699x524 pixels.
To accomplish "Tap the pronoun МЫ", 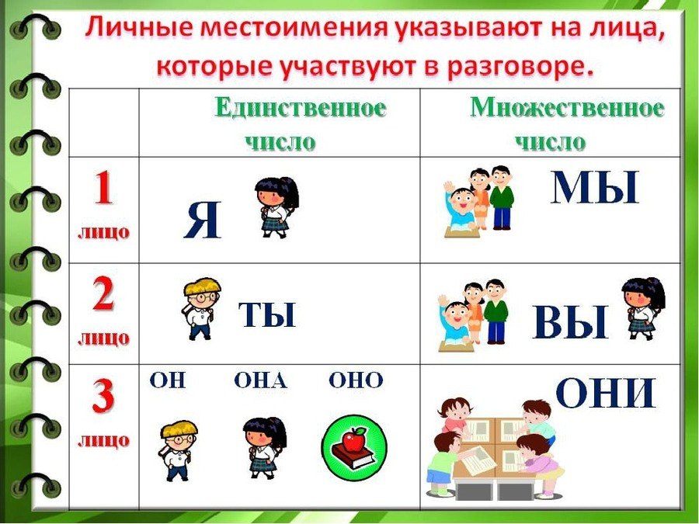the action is point(595,187).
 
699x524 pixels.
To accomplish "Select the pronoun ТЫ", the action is point(267,314).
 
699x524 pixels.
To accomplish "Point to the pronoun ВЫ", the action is point(571,321).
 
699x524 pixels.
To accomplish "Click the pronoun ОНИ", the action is point(607,392).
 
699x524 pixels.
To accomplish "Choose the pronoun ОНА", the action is point(261,381).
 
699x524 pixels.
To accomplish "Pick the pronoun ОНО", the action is point(356,381).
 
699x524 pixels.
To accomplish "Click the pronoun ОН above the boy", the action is point(167,381).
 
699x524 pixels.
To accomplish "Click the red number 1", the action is point(103,188).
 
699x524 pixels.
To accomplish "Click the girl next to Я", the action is point(276,207).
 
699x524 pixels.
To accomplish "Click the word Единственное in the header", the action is point(301,108).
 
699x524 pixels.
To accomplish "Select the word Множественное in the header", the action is point(567,108).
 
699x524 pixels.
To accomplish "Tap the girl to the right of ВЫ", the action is point(643,308).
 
